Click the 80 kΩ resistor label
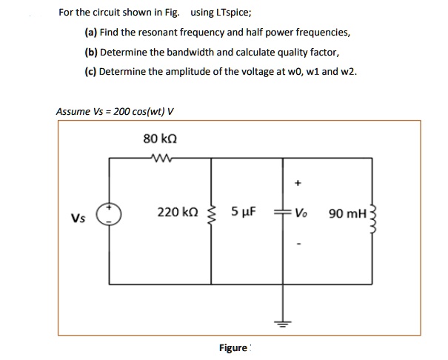click(159, 139)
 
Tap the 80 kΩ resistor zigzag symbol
click(159, 156)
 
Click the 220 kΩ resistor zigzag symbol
click(212, 215)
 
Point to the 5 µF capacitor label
click(244, 213)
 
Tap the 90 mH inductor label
click(347, 214)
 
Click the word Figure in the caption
click(233, 347)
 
